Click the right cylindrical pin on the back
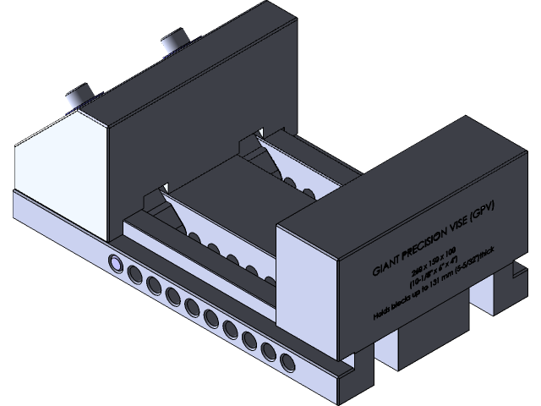[173, 41]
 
